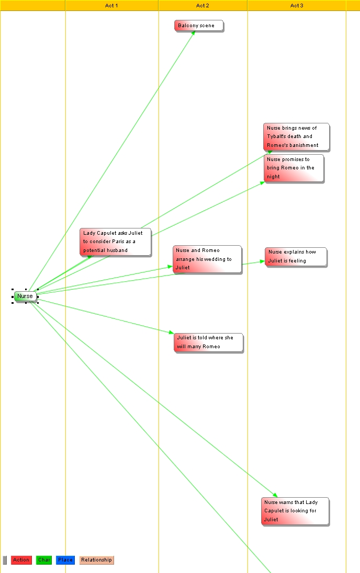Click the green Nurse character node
click(x=25, y=296)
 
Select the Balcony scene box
click(x=199, y=26)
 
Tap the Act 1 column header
click(x=111, y=5)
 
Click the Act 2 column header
click(x=203, y=5)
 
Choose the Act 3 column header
click(x=297, y=5)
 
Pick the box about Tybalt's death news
click(x=297, y=136)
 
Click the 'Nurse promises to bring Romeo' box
click(x=294, y=168)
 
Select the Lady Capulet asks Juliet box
click(x=116, y=242)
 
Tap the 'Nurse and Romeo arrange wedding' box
click(x=207, y=259)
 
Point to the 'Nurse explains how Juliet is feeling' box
click(x=296, y=257)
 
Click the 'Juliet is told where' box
click(x=208, y=342)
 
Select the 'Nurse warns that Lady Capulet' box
click(x=295, y=511)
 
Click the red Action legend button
click(x=21, y=560)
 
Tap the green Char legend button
click(x=44, y=560)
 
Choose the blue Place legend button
click(x=65, y=560)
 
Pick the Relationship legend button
click(x=96, y=560)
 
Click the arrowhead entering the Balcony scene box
click(x=194, y=32)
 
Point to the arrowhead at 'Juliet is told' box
click(x=171, y=333)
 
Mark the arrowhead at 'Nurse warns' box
click(x=275, y=495)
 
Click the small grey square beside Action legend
click(x=5, y=560)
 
